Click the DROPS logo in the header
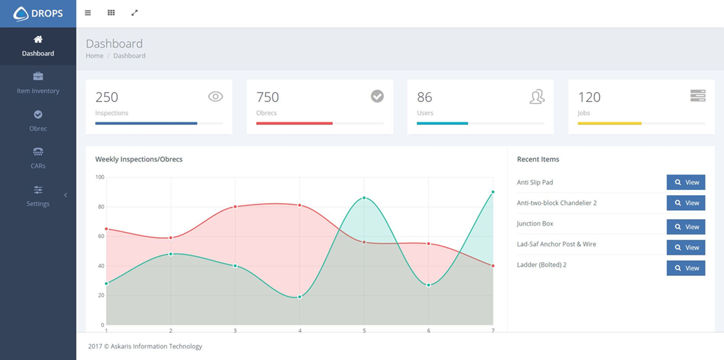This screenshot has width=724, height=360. click(38, 13)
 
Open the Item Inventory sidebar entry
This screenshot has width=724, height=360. click(38, 83)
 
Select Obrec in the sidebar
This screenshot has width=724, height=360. click(38, 121)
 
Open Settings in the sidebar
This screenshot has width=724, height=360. click(38, 196)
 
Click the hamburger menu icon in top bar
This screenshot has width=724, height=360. click(88, 13)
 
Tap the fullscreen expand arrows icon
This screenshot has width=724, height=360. click(134, 13)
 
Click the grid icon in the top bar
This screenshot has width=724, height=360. click(111, 13)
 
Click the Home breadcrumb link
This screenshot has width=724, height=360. click(94, 56)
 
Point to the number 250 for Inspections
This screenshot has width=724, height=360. click(107, 98)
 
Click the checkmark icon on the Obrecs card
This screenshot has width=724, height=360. click(377, 96)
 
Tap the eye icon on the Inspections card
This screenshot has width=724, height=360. click(215, 96)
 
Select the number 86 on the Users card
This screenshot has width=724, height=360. click(425, 98)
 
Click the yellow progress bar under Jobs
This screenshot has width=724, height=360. click(609, 123)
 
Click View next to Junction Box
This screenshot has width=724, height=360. click(686, 227)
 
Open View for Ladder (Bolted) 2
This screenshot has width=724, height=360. click(686, 268)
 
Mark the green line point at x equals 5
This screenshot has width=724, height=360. click(364, 198)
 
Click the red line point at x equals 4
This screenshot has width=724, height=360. click(299, 205)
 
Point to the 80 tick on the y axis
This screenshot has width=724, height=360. click(101, 207)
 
